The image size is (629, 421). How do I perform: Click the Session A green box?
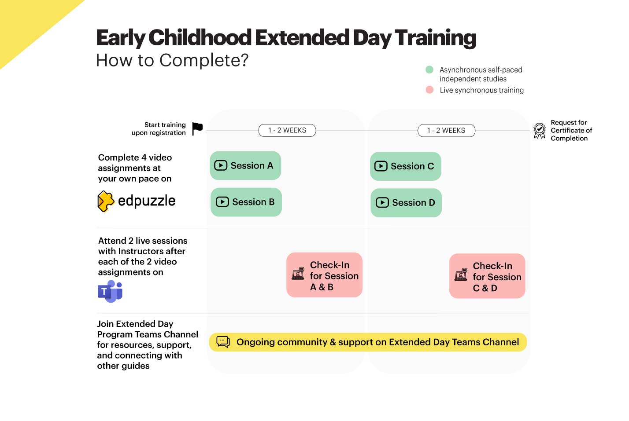pos(245,165)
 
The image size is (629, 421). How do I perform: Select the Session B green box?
pos(246,202)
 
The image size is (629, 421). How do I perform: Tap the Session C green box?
pos(405,166)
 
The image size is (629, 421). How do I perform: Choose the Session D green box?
pos(406,203)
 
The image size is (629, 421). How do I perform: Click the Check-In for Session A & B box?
pos(324,275)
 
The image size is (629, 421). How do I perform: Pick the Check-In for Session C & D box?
pos(487,276)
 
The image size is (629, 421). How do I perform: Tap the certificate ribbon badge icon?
pos(539,131)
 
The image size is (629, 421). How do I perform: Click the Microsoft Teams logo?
pos(110,291)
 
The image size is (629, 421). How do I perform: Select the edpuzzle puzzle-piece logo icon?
pos(106,201)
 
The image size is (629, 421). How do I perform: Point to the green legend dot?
pos(429,70)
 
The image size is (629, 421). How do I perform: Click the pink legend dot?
pos(429,90)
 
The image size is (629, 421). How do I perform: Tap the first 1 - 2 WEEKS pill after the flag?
pos(287,131)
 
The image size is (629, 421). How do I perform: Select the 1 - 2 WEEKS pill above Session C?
pos(446,131)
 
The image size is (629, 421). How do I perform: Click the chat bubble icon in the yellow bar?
pos(223,342)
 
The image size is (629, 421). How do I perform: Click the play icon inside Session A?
pos(221,165)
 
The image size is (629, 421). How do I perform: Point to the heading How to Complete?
pos(172,60)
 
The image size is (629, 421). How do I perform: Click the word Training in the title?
pos(435,38)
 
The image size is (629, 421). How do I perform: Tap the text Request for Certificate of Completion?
pos(571,131)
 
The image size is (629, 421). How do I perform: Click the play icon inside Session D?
pos(382,203)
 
